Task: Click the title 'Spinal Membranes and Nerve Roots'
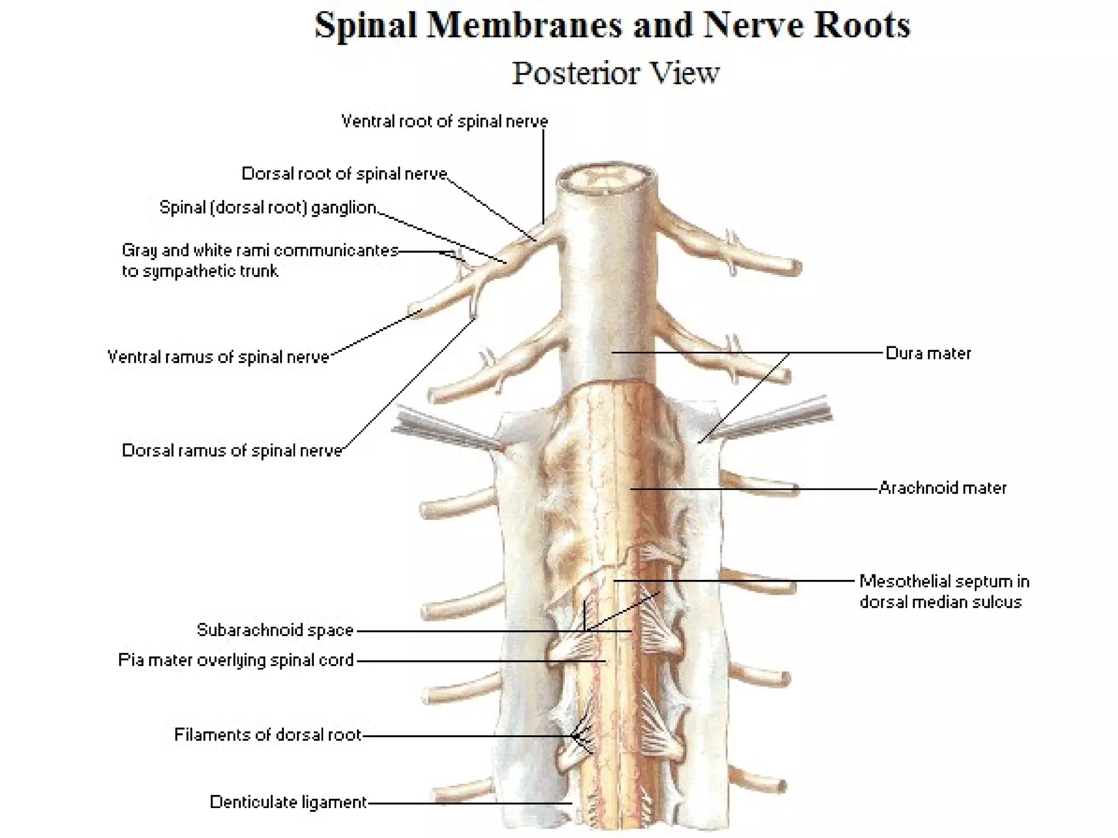point(612,25)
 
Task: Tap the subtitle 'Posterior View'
point(615,73)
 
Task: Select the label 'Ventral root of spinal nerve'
point(444,121)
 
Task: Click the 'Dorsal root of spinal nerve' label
point(344,173)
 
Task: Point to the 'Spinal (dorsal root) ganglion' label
point(268,207)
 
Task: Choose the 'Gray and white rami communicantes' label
point(260,250)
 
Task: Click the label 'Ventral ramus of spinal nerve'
point(218,357)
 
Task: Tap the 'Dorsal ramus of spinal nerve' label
point(232,451)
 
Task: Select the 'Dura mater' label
point(928,354)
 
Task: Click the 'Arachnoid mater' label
point(943,488)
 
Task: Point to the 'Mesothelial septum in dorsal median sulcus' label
point(944,591)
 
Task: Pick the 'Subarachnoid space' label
point(275,630)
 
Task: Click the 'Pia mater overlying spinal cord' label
point(236,660)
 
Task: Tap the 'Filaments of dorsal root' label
point(267,735)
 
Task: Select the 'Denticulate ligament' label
point(288,802)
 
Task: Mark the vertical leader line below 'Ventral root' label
point(543,175)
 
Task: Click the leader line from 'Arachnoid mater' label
point(753,489)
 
